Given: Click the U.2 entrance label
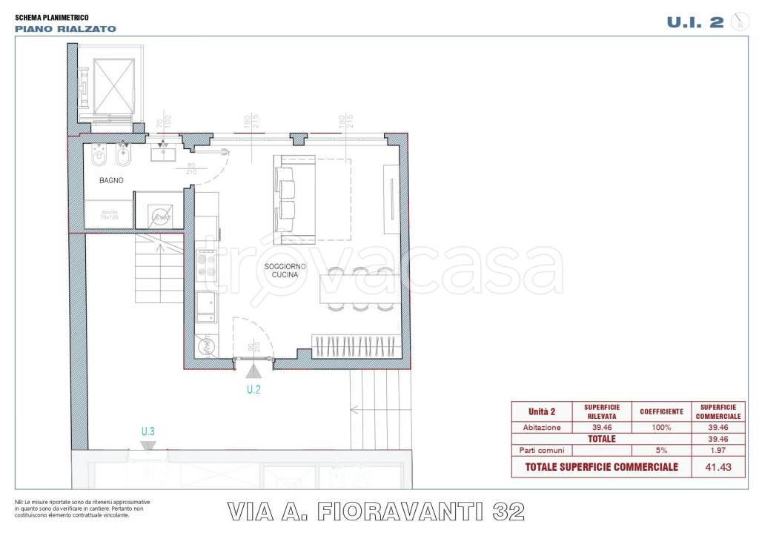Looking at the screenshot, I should pyautogui.click(x=254, y=388).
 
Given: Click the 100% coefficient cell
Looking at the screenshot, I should pyautogui.click(x=661, y=427).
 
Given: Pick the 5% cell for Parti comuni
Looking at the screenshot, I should pyautogui.click(x=661, y=450).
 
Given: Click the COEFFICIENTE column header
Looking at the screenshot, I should pyautogui.click(x=661, y=411).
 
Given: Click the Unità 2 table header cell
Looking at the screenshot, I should pyautogui.click(x=541, y=411).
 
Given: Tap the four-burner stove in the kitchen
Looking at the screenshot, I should pyautogui.click(x=207, y=264).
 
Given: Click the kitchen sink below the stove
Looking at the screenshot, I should pyautogui.click(x=206, y=304).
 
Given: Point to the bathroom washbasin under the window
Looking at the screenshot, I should pyautogui.click(x=162, y=152).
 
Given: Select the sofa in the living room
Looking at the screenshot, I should pyautogui.click(x=286, y=200).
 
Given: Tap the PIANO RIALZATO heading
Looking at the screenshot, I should pyautogui.click(x=65, y=29).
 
